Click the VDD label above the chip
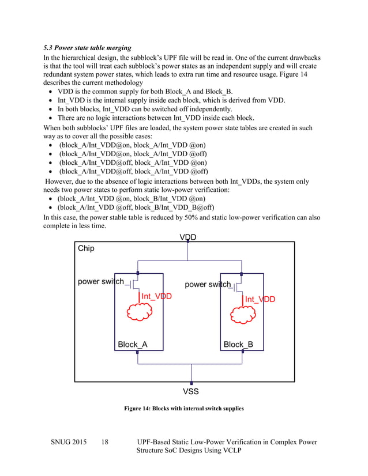pos(187,237)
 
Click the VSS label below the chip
pos(191,392)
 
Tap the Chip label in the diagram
pos(86,249)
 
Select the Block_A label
pos(133,345)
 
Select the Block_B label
pos(238,345)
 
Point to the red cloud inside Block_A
pos(140,312)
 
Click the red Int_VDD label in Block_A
pos(156,297)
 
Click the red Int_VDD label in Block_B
pos(260,300)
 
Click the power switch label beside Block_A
pos(101,282)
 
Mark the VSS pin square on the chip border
pos(191,382)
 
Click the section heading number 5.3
pos(50,47)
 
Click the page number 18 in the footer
pos(105,443)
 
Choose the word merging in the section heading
pos(117,47)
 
